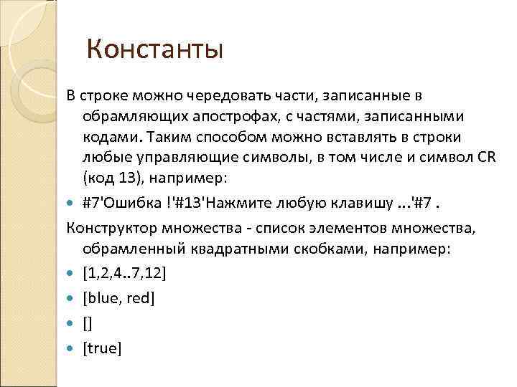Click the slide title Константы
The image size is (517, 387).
[154, 50]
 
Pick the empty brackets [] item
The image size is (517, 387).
[88, 324]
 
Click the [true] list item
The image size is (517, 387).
[103, 348]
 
